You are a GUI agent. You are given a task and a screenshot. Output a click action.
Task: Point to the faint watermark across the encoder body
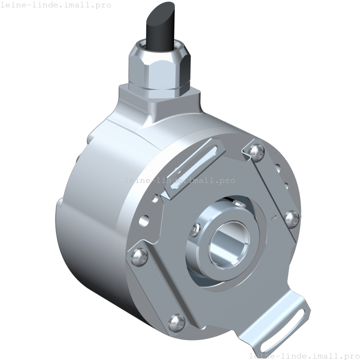180,180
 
